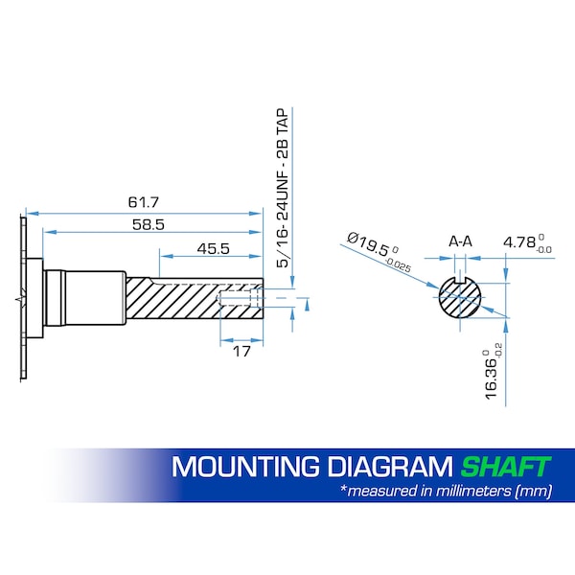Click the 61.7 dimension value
(x=144, y=202)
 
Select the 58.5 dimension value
(x=149, y=225)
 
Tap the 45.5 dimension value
(x=213, y=249)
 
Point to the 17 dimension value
(x=241, y=352)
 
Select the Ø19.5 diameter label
(x=367, y=244)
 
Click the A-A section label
(x=460, y=241)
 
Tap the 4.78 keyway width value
(x=519, y=242)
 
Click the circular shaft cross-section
(x=460, y=297)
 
